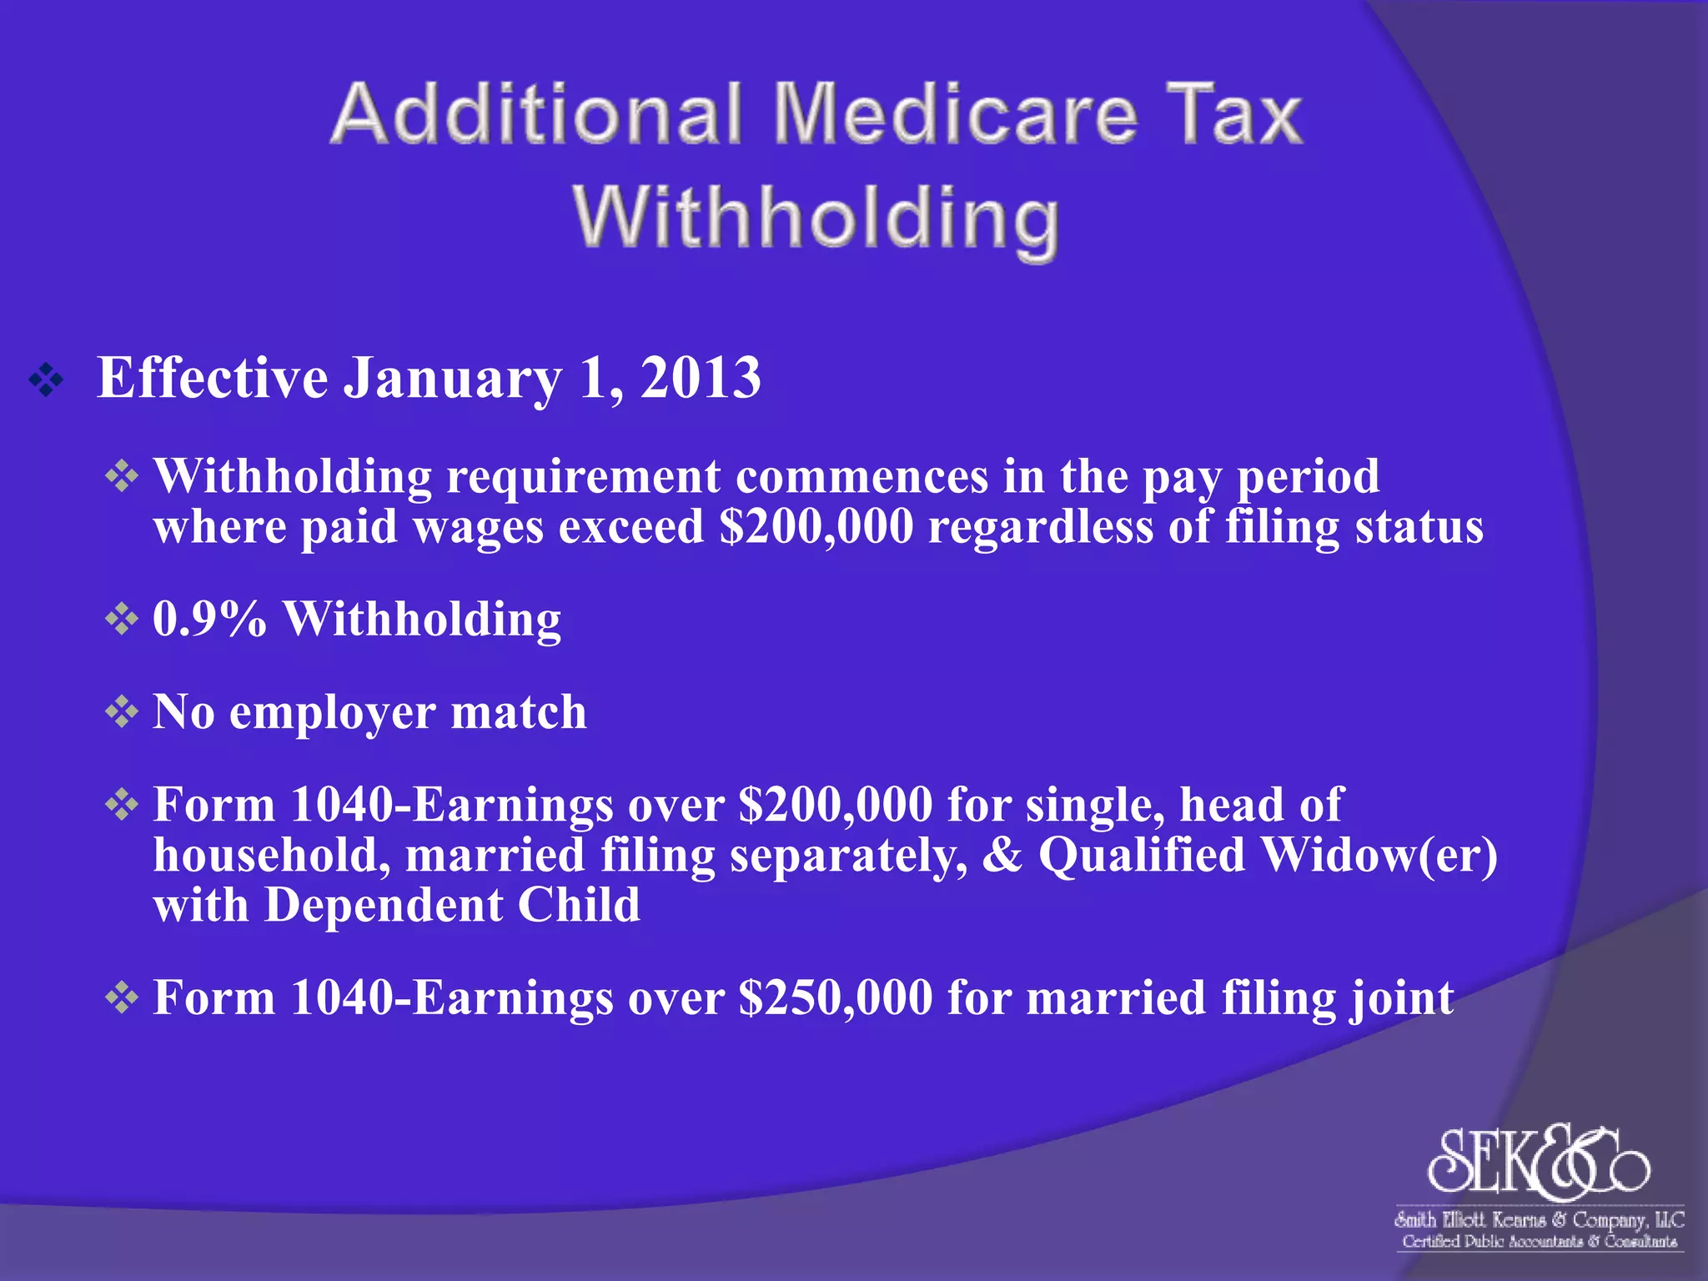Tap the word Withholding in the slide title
pyautogui.click(x=816, y=218)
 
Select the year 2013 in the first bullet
pyautogui.click(x=701, y=378)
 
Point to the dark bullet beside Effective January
pyautogui.click(x=46, y=380)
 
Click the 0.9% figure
pyautogui.click(x=209, y=620)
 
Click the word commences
pyautogui.click(x=862, y=477)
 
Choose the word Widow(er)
pyautogui.click(x=1379, y=856)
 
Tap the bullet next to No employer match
pyautogui.click(x=122, y=712)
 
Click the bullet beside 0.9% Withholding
pyautogui.click(x=122, y=620)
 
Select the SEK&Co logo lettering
pyautogui.click(x=1539, y=1161)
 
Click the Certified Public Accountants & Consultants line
pyautogui.click(x=1540, y=1242)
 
